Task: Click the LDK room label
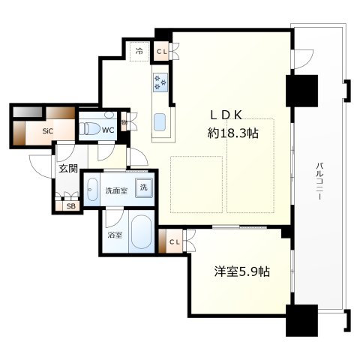(231, 116)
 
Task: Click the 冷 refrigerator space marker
(140, 52)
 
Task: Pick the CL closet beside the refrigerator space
(162, 51)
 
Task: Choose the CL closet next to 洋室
(172, 241)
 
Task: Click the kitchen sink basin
(160, 121)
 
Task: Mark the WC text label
(108, 130)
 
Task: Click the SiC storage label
(48, 131)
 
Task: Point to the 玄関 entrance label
(68, 169)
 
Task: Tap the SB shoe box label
(70, 206)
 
